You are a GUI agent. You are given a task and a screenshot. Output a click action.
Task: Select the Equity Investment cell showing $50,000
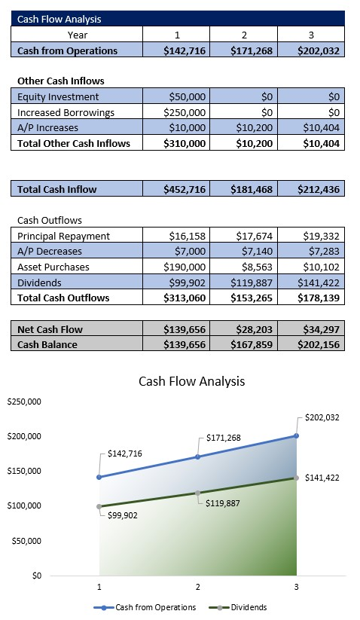(185, 96)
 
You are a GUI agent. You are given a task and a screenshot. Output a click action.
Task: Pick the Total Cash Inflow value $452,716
(185, 189)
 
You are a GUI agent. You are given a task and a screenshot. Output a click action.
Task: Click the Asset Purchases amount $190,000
(185, 267)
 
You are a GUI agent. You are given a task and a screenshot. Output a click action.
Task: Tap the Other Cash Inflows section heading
(60, 81)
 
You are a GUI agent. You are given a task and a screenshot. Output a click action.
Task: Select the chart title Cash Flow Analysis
(191, 381)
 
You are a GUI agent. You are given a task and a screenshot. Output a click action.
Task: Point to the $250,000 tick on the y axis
(24, 402)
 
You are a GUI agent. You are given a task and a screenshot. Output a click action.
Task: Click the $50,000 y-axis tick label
(27, 541)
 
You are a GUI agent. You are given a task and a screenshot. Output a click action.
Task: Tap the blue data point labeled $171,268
(198, 457)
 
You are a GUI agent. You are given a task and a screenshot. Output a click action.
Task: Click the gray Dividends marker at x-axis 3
(297, 478)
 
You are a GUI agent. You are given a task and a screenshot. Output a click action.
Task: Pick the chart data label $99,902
(121, 515)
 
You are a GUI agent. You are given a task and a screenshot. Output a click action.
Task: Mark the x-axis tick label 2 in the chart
(197, 587)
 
